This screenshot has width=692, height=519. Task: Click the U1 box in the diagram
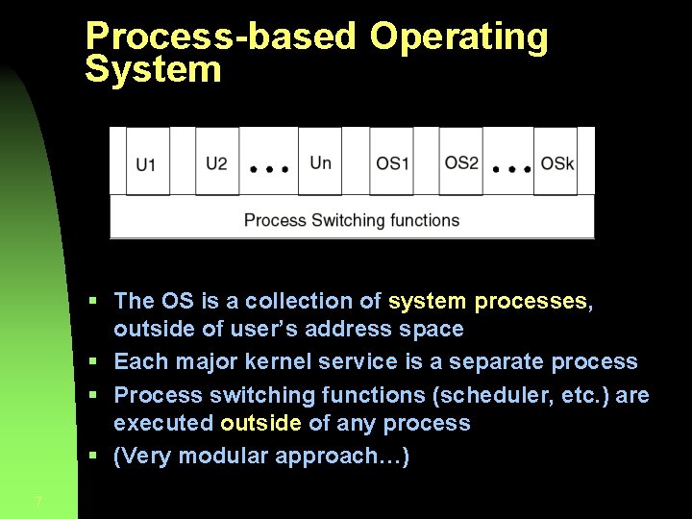[147, 161]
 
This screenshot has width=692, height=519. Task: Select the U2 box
[217, 161]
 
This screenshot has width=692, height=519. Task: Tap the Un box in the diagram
[320, 161]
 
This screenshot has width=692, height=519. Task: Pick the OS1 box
[391, 161]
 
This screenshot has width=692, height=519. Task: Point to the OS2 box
[461, 161]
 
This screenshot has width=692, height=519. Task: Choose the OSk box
[556, 161]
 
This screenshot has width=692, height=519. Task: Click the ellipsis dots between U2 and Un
[269, 168]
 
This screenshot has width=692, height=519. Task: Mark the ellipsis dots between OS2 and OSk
[511, 168]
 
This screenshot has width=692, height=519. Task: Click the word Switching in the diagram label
[346, 220]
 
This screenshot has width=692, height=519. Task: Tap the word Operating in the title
[458, 37]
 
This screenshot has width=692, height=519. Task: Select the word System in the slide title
[153, 69]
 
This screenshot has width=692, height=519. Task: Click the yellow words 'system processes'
[488, 301]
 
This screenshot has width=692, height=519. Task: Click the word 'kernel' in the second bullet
[289, 361]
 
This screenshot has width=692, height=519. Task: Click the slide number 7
[37, 501]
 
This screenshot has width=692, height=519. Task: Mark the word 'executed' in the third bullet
[162, 423]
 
